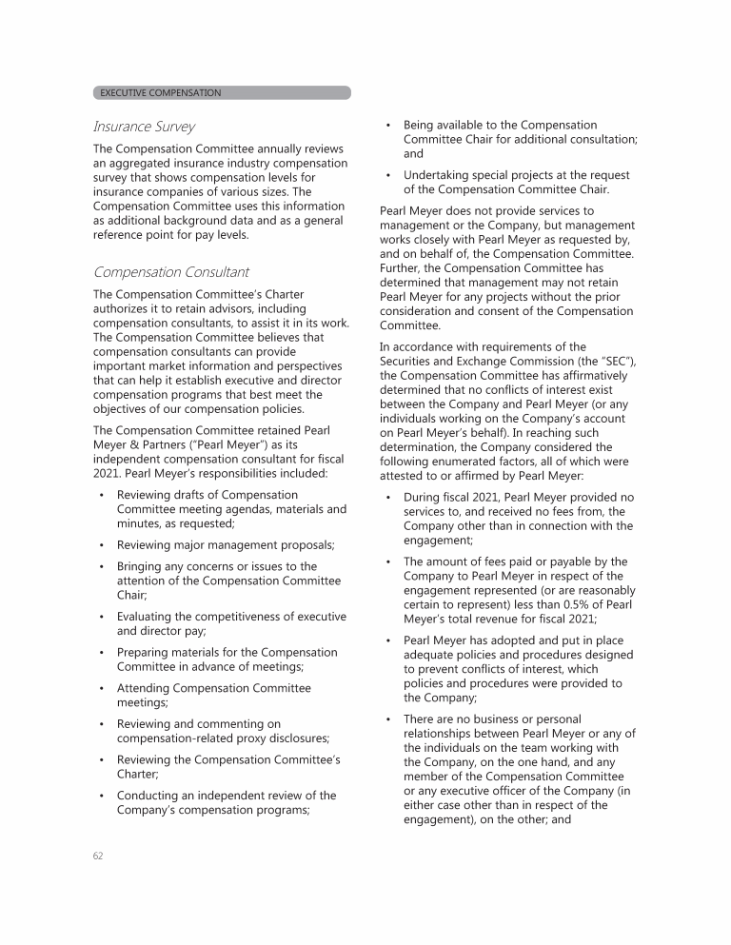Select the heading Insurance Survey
tap(144, 127)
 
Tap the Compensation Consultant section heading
tap(170, 272)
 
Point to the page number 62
tap(98, 856)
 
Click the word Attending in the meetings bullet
tap(147, 688)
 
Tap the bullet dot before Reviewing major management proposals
tap(102, 545)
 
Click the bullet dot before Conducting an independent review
tap(102, 796)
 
